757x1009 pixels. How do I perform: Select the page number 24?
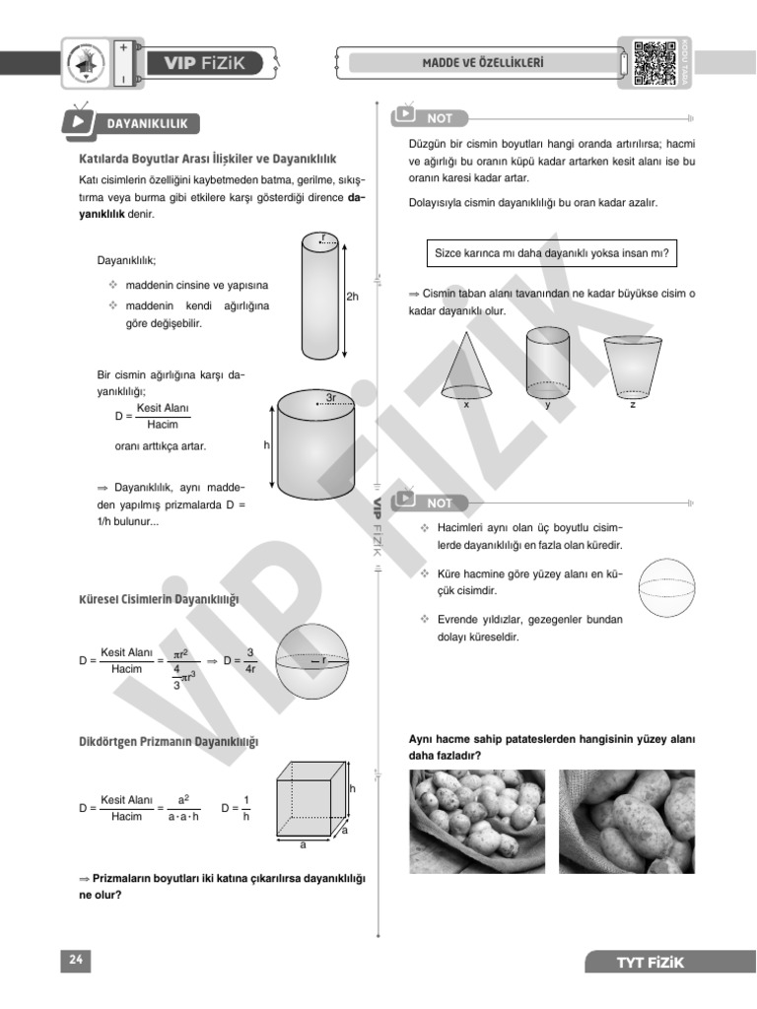point(75,961)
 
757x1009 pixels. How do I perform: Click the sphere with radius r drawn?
point(311,661)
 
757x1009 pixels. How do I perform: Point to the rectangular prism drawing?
point(313,799)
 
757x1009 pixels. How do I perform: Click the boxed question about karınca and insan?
point(552,253)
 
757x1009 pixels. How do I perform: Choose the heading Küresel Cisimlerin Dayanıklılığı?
point(159,599)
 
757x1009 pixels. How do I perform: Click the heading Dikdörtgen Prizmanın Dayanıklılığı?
point(169,741)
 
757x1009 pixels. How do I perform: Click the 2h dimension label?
point(353,296)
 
